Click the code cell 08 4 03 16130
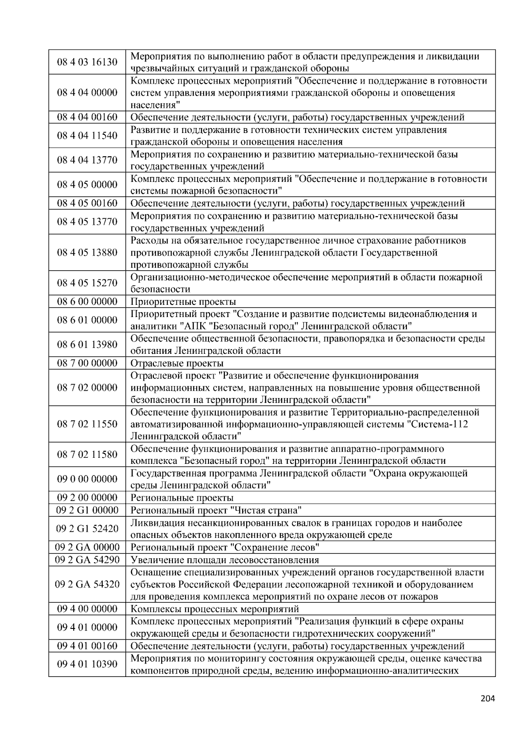click(x=87, y=62)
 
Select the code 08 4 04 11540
click(x=87, y=136)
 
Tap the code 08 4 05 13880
click(x=87, y=253)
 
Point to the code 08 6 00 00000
click(x=87, y=301)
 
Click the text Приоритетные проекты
click(x=183, y=302)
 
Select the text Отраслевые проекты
click(x=177, y=363)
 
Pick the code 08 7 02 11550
click(x=87, y=424)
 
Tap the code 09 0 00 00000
click(x=87, y=479)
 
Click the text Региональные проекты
click(x=182, y=498)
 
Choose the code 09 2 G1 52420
click(x=87, y=528)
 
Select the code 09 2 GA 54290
click(x=87, y=560)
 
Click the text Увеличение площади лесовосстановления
click(x=224, y=560)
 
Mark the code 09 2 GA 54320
click(x=87, y=584)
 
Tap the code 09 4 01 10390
click(x=87, y=664)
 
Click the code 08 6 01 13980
click(x=87, y=345)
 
